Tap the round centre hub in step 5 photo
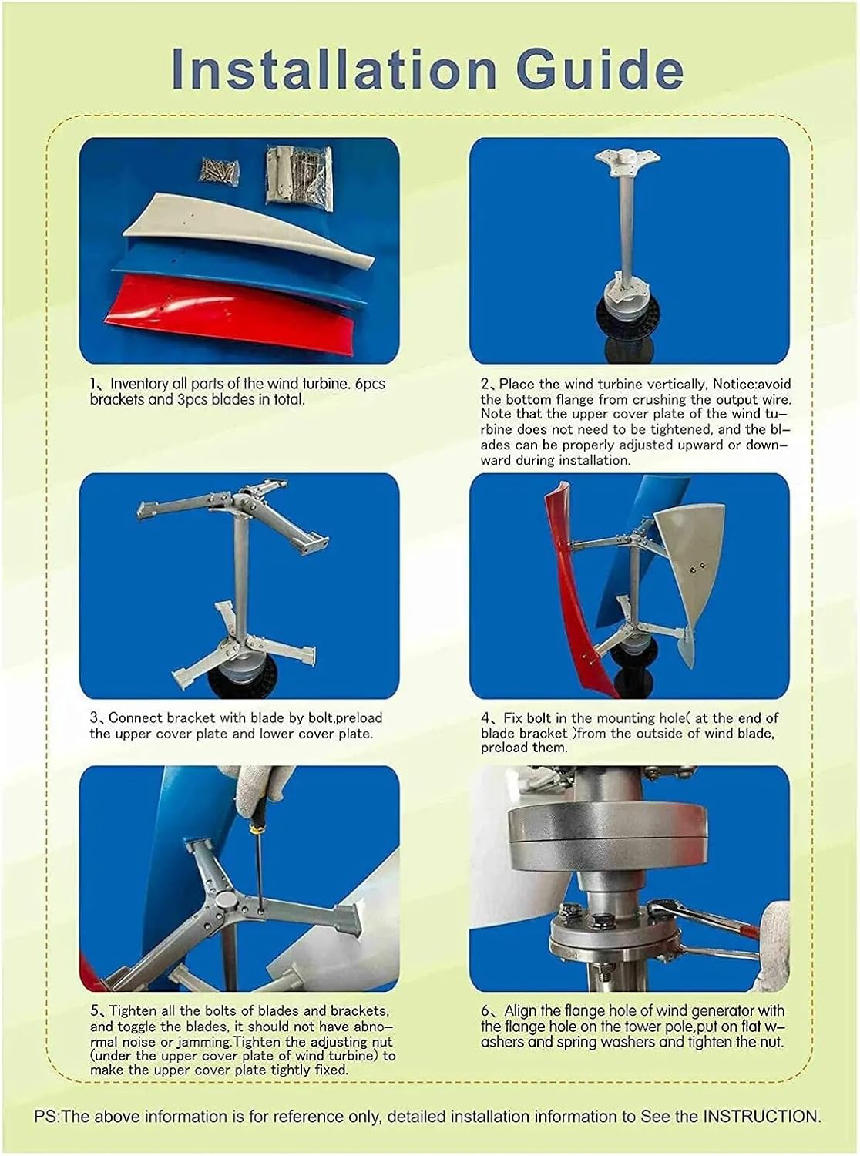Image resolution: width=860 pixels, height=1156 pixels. (x=227, y=903)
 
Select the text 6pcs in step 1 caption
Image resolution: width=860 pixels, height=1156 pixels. (x=370, y=384)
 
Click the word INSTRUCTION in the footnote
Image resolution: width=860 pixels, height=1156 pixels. (x=760, y=1116)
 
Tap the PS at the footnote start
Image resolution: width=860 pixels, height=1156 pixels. (x=44, y=1116)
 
